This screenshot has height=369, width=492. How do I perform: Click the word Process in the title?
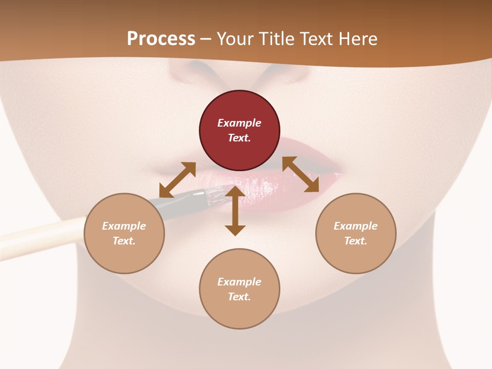click(x=161, y=39)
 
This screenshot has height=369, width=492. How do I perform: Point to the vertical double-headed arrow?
click(x=235, y=211)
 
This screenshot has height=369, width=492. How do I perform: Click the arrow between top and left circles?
click(x=177, y=180)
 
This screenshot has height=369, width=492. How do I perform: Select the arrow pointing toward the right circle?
click(x=301, y=174)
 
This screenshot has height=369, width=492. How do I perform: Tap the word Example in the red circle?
click(x=239, y=123)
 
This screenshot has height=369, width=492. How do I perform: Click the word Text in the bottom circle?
click(x=238, y=297)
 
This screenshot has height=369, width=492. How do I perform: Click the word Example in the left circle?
click(x=124, y=226)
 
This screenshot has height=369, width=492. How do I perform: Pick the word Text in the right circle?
click(x=355, y=241)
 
